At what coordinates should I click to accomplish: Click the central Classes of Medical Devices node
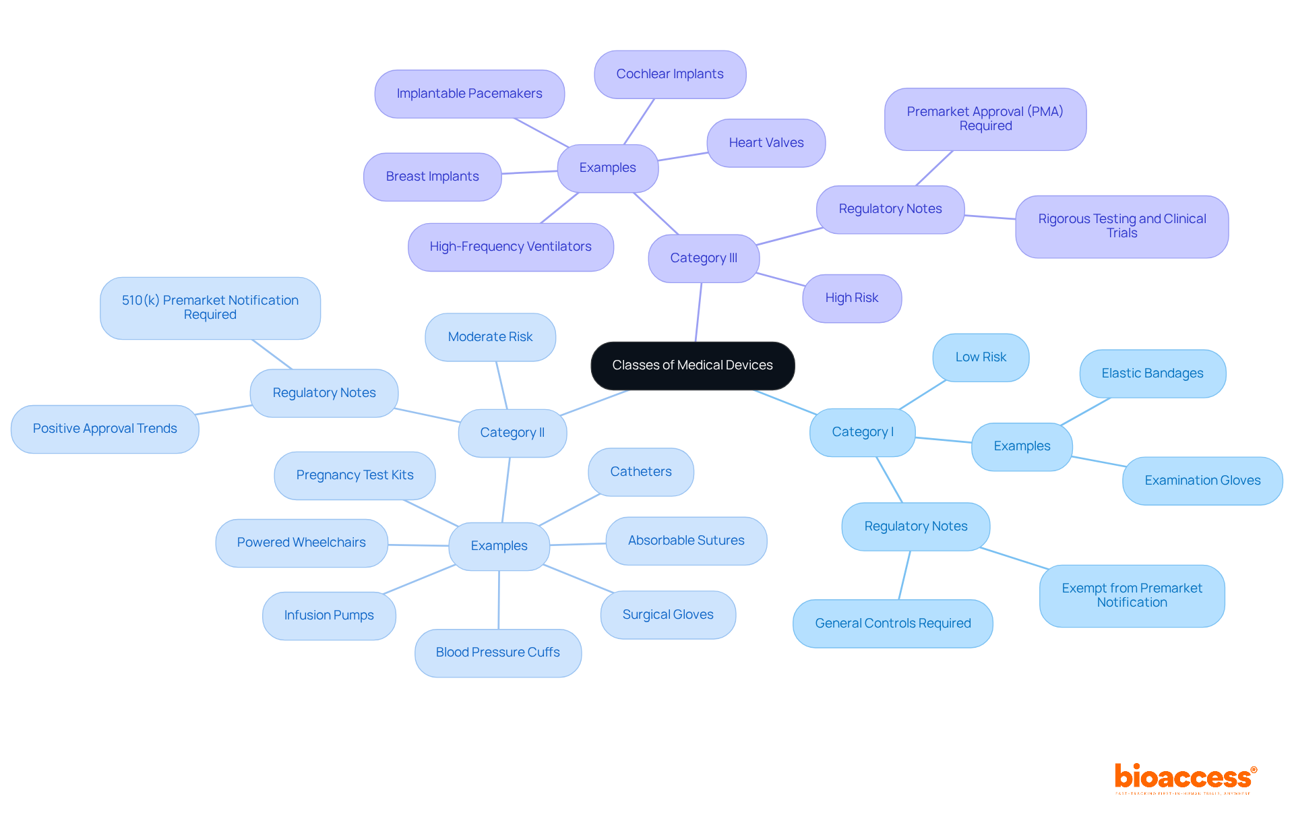692,365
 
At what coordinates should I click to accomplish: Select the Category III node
703,258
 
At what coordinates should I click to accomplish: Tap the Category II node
512,433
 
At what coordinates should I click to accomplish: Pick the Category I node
862,432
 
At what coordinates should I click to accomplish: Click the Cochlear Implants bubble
669,74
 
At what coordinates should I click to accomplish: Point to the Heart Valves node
766,143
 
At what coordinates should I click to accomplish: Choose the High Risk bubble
851,298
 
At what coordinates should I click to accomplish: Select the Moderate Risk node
490,337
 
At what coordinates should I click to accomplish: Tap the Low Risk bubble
980,357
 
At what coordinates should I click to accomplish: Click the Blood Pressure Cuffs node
497,653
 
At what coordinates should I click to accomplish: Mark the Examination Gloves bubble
1202,481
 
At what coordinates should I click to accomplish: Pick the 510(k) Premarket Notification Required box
210,307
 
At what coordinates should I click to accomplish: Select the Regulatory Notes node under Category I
915,526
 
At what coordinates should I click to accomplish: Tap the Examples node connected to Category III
607,168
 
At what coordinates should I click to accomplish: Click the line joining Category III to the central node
698,313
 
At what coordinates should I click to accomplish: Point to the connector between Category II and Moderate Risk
501,385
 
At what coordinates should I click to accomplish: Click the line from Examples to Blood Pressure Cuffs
499,600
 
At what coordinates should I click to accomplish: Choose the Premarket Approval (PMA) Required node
985,119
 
